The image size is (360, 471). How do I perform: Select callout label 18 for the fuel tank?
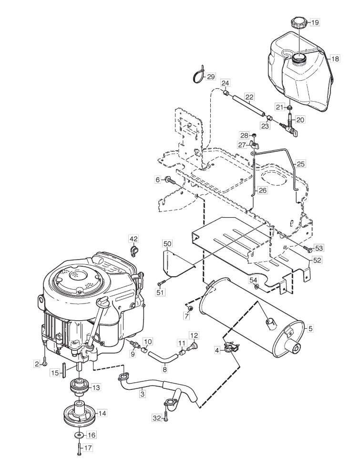(335, 59)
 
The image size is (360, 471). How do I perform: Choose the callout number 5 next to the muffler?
(310, 329)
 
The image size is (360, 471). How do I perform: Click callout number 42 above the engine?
(134, 239)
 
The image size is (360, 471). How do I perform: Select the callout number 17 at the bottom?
(88, 448)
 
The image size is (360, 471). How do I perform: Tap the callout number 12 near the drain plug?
(194, 335)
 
